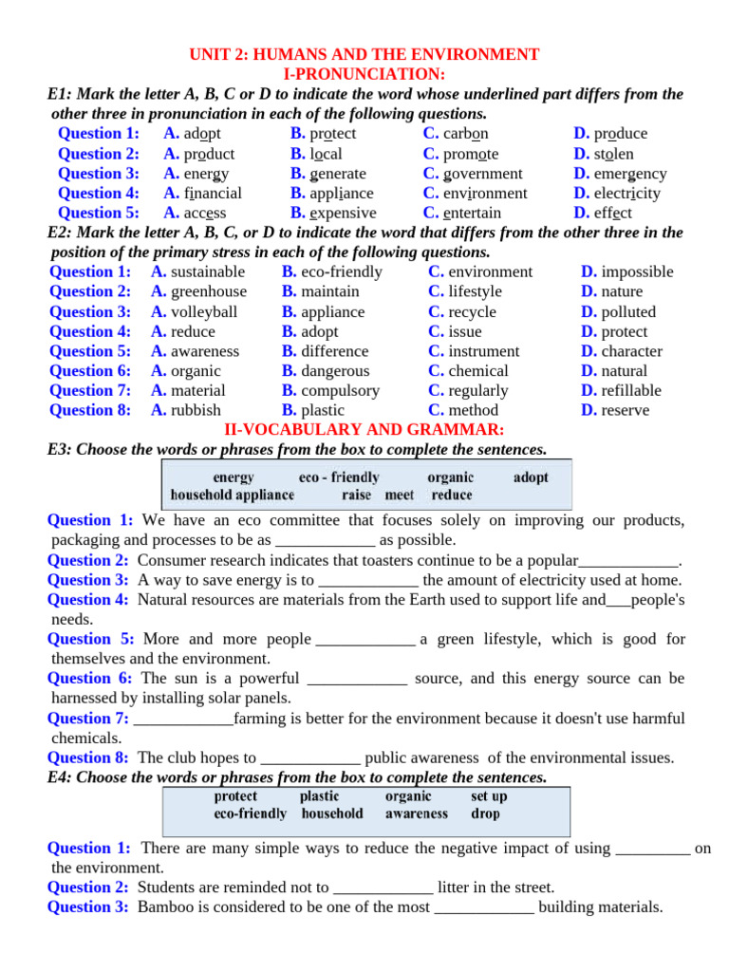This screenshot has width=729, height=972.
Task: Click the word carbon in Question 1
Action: click(466, 134)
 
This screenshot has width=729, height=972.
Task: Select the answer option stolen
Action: click(614, 154)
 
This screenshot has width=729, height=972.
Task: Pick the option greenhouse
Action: click(208, 292)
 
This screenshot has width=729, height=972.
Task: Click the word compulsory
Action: click(340, 391)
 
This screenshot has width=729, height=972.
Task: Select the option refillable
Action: click(631, 391)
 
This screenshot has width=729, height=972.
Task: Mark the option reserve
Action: click(626, 411)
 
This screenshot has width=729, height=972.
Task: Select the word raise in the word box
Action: click(357, 495)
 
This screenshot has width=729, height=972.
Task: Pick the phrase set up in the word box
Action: click(489, 797)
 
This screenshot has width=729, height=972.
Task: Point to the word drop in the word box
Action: click(485, 814)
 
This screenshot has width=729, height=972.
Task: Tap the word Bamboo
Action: click(167, 907)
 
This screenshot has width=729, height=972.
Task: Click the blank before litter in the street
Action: click(383, 888)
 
